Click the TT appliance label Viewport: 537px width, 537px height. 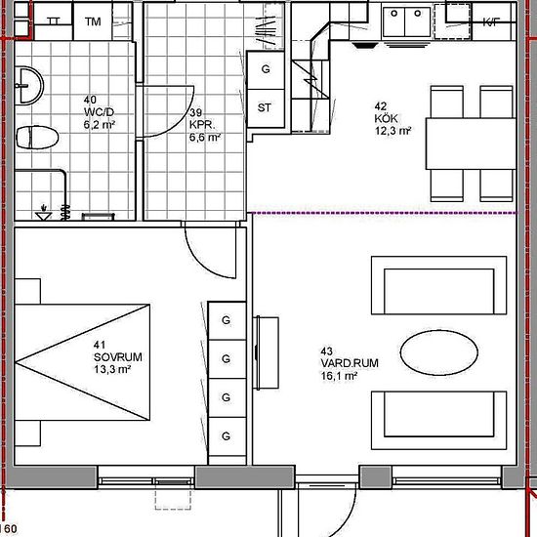53,21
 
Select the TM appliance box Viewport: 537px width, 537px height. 93,21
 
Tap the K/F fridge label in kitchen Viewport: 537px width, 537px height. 490,21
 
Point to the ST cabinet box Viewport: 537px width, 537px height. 265,107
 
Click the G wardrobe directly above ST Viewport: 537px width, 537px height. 265,69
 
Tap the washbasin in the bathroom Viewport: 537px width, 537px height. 29,85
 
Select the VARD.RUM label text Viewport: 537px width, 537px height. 342,363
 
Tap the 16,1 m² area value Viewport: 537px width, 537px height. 341,376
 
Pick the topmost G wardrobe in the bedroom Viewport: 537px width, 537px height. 226,321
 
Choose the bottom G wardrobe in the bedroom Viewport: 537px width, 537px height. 226,434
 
